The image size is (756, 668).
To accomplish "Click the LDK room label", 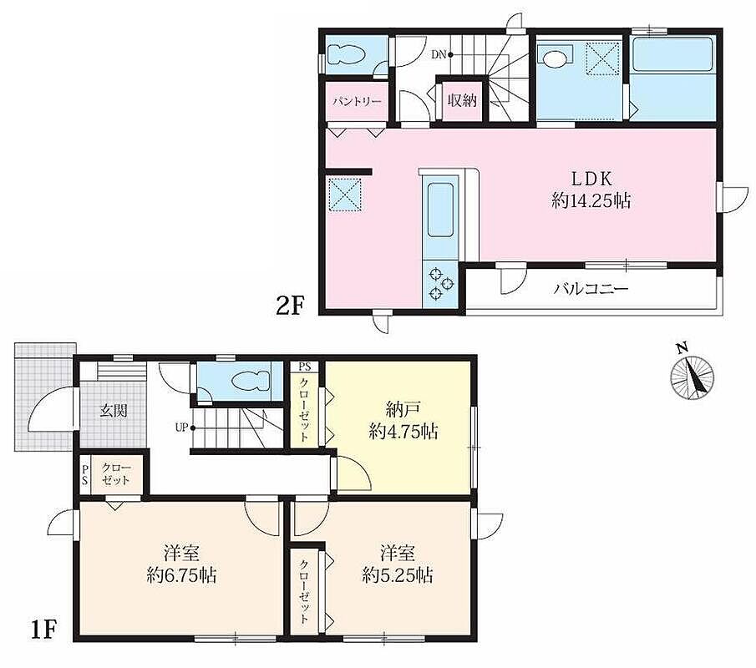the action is coord(591,179).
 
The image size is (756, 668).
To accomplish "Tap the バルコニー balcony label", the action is coord(591,289).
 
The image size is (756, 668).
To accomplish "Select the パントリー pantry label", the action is coord(358,102).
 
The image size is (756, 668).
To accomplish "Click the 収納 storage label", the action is coord(462,100).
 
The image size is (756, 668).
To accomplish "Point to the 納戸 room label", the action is coord(403,411).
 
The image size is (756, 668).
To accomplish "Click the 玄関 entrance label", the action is coord(114,411).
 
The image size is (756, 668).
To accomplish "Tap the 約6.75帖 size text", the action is coord(182,575).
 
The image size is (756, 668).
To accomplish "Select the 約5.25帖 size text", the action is coord(398,575).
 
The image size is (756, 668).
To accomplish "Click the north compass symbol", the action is coord(692,374).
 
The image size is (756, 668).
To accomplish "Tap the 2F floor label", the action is coord(290,306).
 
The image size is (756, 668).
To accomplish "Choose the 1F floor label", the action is coord(43,630).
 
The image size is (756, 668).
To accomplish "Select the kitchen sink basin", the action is coord(440,210).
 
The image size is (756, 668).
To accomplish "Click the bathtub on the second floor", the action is coord(672,53).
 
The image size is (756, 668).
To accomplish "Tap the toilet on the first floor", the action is coord(251,381).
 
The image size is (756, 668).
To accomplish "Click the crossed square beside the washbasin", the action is coord(602,58).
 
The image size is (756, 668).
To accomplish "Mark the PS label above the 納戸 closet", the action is coord(305,367).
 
